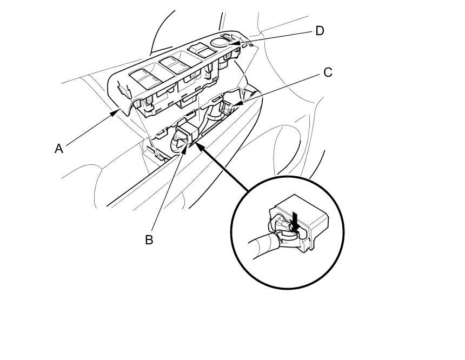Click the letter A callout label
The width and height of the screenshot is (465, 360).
click(x=59, y=148)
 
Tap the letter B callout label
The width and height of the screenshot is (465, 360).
click(x=149, y=239)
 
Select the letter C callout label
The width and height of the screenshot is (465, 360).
click(x=327, y=72)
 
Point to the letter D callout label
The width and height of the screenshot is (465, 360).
click(x=320, y=31)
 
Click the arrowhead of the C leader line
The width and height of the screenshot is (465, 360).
click(x=236, y=102)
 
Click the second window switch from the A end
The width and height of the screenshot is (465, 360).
click(x=176, y=65)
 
